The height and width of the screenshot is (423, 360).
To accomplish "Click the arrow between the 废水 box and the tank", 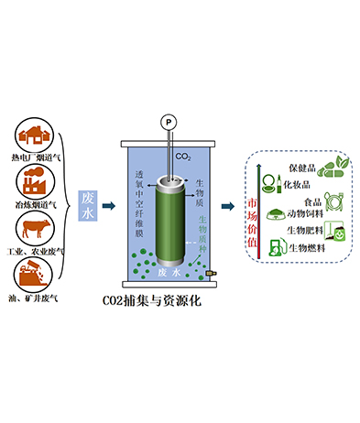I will (x=108, y=204).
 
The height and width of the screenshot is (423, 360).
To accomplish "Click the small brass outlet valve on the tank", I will (x=210, y=273).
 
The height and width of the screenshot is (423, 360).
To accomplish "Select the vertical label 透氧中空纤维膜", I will (x=139, y=202).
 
